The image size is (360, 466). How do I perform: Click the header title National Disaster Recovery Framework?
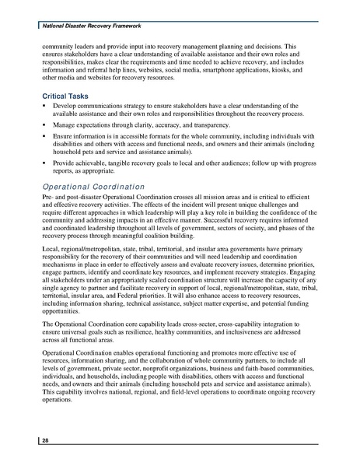(83, 26)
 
